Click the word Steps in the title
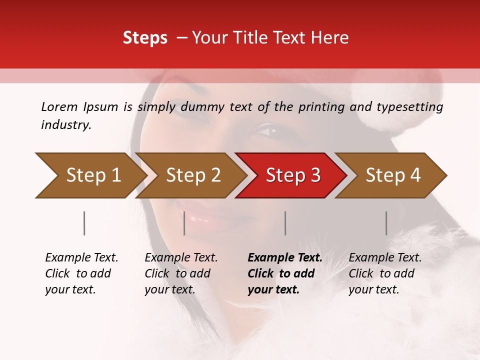(145, 38)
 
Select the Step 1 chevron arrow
(90, 175)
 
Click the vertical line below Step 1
(84, 223)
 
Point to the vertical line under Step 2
(184, 223)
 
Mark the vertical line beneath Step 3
(285, 223)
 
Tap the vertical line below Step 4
(386, 223)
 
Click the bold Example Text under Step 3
(285, 258)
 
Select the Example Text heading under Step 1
(81, 258)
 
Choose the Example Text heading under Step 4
(385, 258)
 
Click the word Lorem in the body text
(59, 107)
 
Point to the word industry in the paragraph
(66, 125)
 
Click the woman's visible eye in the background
(270, 131)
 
